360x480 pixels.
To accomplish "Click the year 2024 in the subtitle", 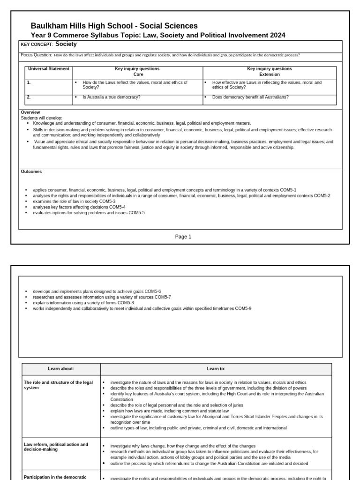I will pos(277,35).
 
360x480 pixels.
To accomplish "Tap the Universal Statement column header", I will pos(48,69).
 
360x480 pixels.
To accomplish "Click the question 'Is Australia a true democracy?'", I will pos(112,97).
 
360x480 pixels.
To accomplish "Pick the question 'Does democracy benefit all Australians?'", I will pos(250,97).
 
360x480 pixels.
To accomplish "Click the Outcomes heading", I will pos(31,172).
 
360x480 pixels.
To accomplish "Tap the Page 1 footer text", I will pos(183,237).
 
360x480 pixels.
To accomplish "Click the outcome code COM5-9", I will pos(243,308).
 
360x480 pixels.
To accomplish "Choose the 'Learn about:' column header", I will pos(61,369).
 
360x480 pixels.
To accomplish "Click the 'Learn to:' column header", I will pos(216,369).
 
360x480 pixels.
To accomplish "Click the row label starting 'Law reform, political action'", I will pos(56,447).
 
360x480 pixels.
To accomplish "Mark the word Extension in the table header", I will pos(269,74).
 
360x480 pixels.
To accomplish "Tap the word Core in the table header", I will pos(138,74).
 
